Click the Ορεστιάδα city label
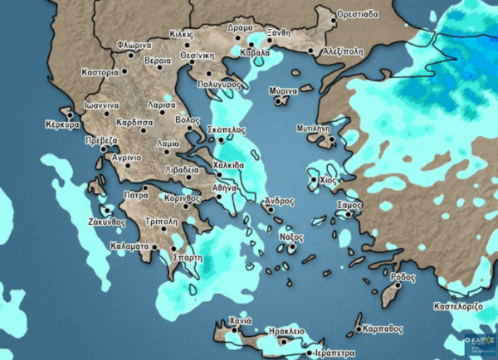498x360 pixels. (359, 15)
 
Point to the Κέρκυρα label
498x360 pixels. (61, 125)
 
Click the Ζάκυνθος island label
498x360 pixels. (107, 222)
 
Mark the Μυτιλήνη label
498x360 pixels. (314, 129)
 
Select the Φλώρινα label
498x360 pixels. (134, 45)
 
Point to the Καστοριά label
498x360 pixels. (100, 73)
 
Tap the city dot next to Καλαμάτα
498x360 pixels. (153, 246)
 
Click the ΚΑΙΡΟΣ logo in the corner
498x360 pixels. (481, 342)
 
